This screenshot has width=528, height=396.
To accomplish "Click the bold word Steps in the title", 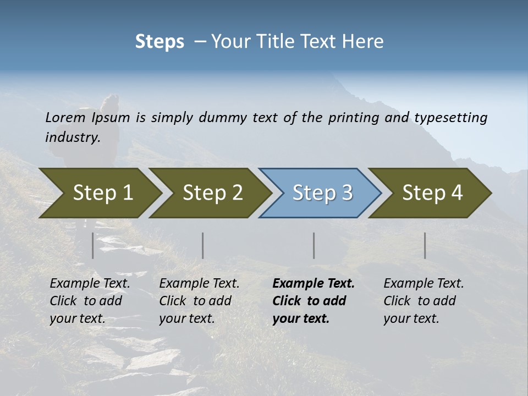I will pos(159,42).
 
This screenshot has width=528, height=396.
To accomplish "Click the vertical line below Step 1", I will pos(93,245).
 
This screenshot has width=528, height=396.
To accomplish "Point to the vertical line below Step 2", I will pos(203,245).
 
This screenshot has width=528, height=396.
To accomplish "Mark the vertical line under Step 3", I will pos(314,245).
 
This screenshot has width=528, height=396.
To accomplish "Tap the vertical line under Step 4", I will pos(425,245).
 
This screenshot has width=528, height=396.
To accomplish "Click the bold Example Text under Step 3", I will pos(313,284).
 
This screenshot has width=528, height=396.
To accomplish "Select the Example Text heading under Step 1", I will pos(90,284).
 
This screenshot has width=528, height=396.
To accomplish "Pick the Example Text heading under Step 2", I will pos(199,284).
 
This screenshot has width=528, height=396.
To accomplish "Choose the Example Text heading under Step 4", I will pos(424,284).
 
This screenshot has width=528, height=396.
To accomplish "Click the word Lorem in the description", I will pos(65,117).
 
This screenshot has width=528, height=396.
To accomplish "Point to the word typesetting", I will pos(450,118).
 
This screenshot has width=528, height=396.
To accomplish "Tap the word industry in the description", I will pos(72,137).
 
